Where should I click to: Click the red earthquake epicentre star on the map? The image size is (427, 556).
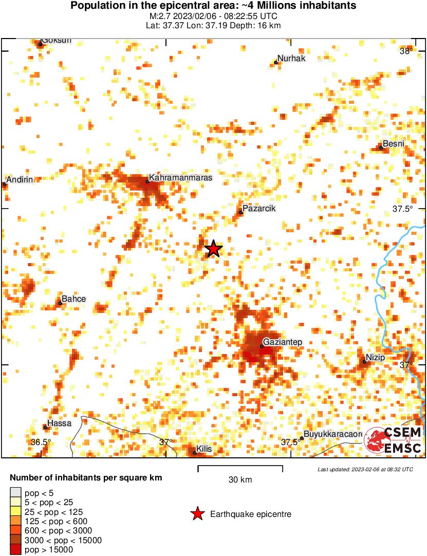click(x=213, y=249)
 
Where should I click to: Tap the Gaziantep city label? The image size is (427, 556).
click(x=282, y=342)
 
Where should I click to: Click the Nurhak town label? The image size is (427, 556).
click(x=291, y=59)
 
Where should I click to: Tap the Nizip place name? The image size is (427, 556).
click(x=376, y=358)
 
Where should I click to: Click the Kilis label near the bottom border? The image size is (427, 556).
click(x=204, y=449)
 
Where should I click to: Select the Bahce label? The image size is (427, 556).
click(x=73, y=299)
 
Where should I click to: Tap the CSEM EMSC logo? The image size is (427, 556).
click(x=393, y=440)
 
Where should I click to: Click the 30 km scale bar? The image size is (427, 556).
click(x=240, y=468)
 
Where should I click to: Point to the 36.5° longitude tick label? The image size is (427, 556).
click(x=41, y=442)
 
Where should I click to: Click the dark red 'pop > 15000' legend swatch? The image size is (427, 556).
click(x=16, y=550)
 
